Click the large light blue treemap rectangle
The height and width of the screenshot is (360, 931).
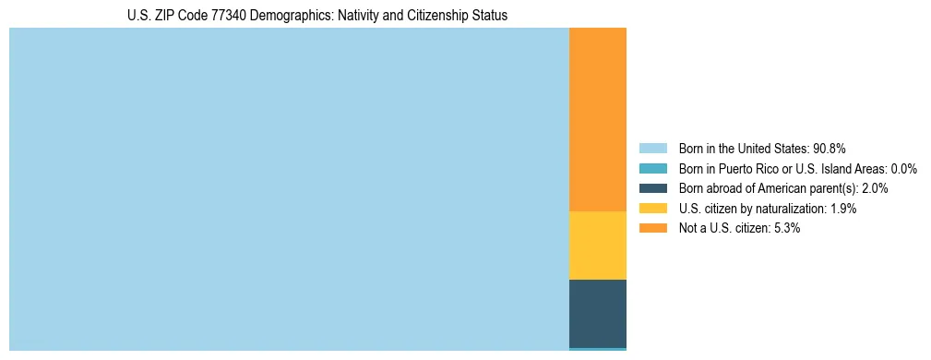click(x=289, y=189)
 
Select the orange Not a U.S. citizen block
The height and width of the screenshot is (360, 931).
click(x=597, y=120)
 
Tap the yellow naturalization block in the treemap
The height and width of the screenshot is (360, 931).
click(x=597, y=246)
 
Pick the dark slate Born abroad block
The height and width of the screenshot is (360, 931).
click(x=597, y=313)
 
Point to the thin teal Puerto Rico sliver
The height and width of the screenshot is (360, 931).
click(x=597, y=349)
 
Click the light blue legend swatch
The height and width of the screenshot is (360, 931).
click(x=652, y=149)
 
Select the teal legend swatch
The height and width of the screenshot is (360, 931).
click(x=652, y=169)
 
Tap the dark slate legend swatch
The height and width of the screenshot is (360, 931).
click(x=652, y=188)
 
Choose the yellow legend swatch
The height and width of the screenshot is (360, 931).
click(x=652, y=209)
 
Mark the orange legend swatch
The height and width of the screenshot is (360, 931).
click(x=652, y=228)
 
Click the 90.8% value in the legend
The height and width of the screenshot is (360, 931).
click(x=830, y=149)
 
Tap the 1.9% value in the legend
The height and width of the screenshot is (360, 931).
click(x=841, y=209)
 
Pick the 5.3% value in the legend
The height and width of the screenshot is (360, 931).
click(x=785, y=228)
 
